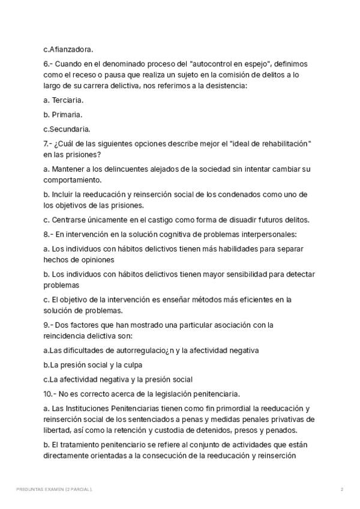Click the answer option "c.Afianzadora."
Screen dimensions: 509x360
[68, 49]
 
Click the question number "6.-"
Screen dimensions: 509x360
[49, 64]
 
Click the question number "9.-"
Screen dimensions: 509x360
[49, 325]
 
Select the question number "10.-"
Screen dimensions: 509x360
[51, 394]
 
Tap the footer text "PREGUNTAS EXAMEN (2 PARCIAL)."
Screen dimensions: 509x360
[55, 490]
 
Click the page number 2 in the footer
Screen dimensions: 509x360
[341, 490]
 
